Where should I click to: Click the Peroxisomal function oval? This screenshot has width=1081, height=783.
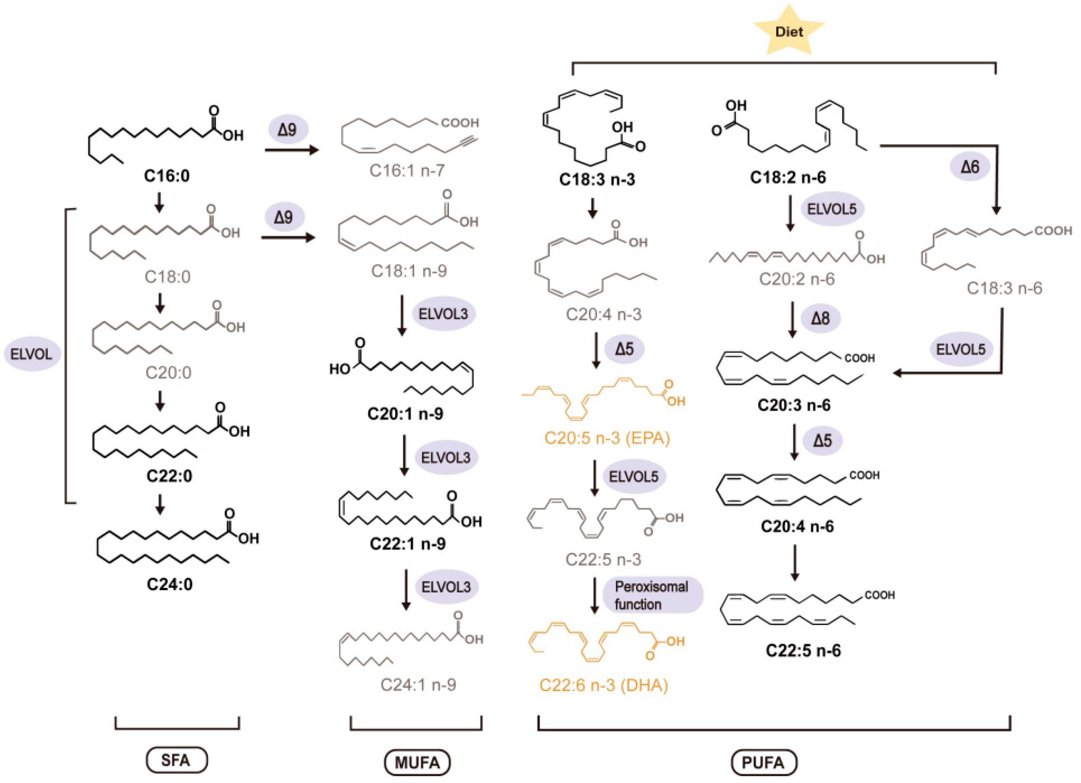click(x=652, y=595)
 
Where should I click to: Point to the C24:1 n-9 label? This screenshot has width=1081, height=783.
click(x=418, y=685)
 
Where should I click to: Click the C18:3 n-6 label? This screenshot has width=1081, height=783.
click(x=1004, y=288)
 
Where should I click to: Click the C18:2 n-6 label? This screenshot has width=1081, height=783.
click(x=788, y=177)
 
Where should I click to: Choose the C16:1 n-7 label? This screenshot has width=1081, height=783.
click(x=407, y=170)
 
